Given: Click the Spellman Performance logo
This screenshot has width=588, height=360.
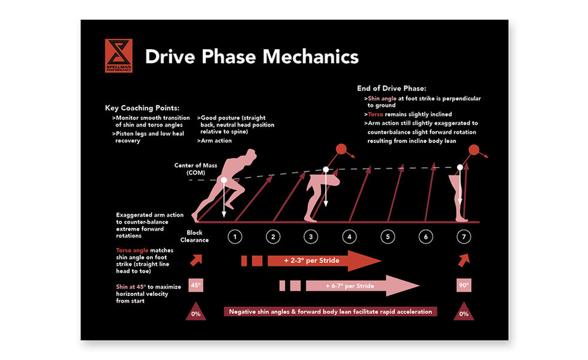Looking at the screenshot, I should tap(118, 56).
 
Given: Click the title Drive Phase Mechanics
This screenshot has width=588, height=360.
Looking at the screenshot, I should tap(252, 56).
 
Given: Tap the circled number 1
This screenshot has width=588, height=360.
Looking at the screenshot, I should tap(234, 237).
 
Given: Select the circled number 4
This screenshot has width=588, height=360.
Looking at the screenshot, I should tap(349, 237).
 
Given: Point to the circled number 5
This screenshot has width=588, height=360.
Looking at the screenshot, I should tap(388, 237).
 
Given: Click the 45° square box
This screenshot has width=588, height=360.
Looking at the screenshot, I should tap(195, 286).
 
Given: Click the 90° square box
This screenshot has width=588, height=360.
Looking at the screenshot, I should tap(464, 286).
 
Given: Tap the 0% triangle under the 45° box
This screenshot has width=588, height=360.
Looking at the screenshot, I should tap(195, 312).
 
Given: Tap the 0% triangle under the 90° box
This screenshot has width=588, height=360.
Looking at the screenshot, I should tap(464, 312).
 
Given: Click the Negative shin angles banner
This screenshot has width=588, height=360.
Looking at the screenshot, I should tap(331, 311).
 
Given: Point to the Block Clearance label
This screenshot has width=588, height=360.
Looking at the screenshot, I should tap(195, 236).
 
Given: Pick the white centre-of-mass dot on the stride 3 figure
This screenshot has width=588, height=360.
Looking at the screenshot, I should tap(326, 170).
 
